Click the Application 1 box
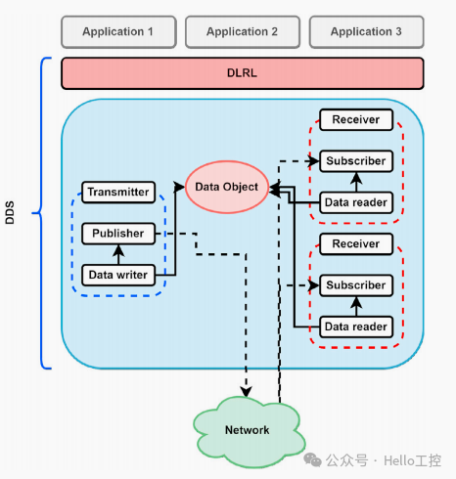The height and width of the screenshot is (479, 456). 118,31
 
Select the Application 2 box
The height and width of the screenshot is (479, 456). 242,31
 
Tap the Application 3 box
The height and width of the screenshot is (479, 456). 366,31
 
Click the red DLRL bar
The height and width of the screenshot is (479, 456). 242,73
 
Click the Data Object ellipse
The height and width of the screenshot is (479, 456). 227,187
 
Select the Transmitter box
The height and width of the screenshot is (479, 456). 118,193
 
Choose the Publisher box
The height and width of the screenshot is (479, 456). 118,234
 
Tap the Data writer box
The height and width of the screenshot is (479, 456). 118,275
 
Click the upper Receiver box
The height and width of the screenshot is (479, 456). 356,120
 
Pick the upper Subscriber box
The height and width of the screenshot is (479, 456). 356,161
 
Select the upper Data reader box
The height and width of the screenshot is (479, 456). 356,202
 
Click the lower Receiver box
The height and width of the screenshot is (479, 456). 356,243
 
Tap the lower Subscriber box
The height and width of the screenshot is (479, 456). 356,284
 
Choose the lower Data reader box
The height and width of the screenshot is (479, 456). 356,326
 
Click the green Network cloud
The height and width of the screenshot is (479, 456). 247,429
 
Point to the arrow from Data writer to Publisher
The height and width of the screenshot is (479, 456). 118,254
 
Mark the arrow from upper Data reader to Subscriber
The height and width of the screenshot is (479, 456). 356,182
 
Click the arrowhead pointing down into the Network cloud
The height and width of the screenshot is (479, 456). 245,392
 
